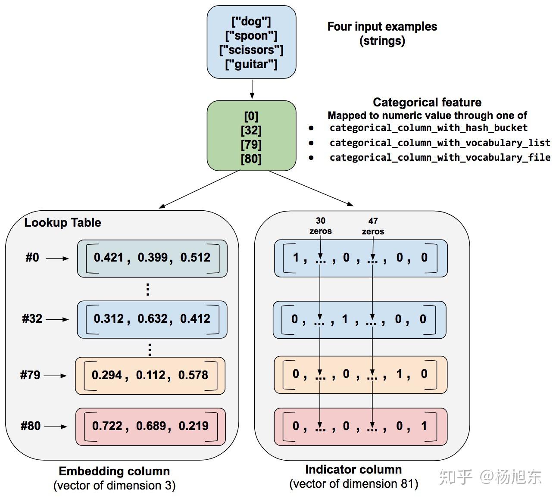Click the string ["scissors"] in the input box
click(x=251, y=50)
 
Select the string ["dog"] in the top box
click(x=251, y=22)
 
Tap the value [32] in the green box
click(x=251, y=130)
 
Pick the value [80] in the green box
click(x=251, y=159)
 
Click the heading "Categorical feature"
click(x=427, y=102)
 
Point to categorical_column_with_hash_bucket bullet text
click(x=428, y=128)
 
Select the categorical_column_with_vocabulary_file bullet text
click(x=440, y=157)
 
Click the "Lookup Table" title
click(x=62, y=222)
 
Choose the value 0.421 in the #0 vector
click(x=109, y=258)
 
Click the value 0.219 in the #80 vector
click(x=194, y=426)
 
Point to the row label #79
click(x=30, y=375)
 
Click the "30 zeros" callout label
click(x=320, y=226)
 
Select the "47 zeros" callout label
click(x=373, y=226)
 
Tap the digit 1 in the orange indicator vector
click(x=399, y=374)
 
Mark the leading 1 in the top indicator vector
click(x=296, y=258)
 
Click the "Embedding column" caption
click(x=114, y=471)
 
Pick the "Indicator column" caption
click(x=353, y=469)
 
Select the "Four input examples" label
click(x=382, y=27)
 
